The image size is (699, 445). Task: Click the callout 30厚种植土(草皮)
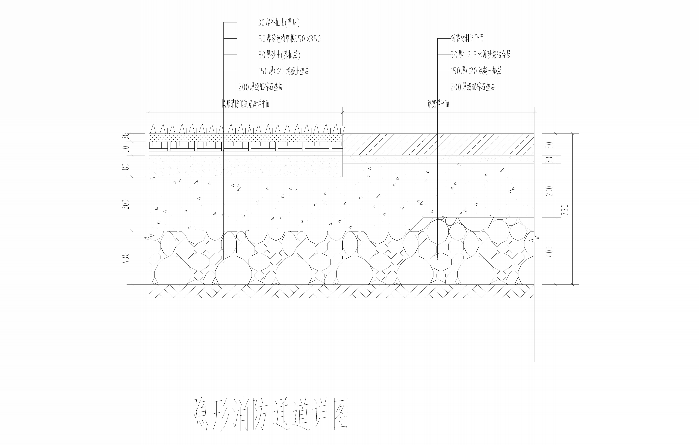pos(279,23)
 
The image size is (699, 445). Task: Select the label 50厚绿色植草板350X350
pos(289,39)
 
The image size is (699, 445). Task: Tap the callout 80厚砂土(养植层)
pos(279,55)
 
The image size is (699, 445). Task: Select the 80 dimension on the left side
pos(126,166)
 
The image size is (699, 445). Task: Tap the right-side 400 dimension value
pos(549,252)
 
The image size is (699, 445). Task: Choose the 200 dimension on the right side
pos(549,191)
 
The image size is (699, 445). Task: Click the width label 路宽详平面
pos(438,104)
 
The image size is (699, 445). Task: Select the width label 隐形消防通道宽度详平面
pos(246,104)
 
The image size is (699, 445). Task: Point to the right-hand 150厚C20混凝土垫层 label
pos(476,71)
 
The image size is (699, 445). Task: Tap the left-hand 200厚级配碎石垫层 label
pos(260,87)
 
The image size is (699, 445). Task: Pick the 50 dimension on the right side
pos(549,145)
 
